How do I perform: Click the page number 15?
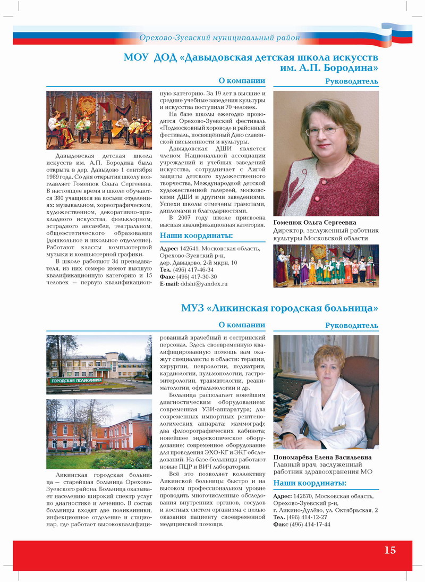click(390, 550)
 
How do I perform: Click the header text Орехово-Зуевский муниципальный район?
click(219, 38)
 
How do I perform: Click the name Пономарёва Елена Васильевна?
click(322, 457)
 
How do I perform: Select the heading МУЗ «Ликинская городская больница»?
click(279, 308)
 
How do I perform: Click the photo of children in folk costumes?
click(326, 266)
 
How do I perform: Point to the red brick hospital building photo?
click(99, 433)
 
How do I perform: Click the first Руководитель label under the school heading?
click(351, 81)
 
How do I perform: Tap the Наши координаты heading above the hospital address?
click(309, 483)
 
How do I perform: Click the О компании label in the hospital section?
click(242, 325)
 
